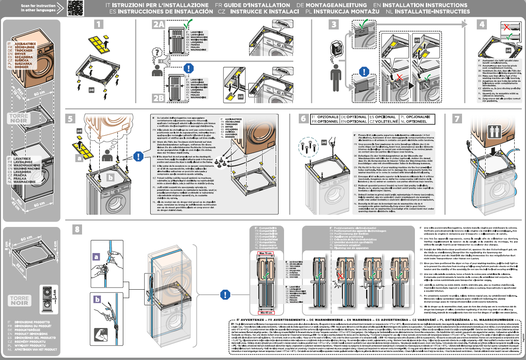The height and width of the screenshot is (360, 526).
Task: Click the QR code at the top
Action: (74, 8)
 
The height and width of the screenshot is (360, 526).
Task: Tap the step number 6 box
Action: (303, 120)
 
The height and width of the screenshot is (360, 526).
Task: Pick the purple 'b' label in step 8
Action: (97, 299)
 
